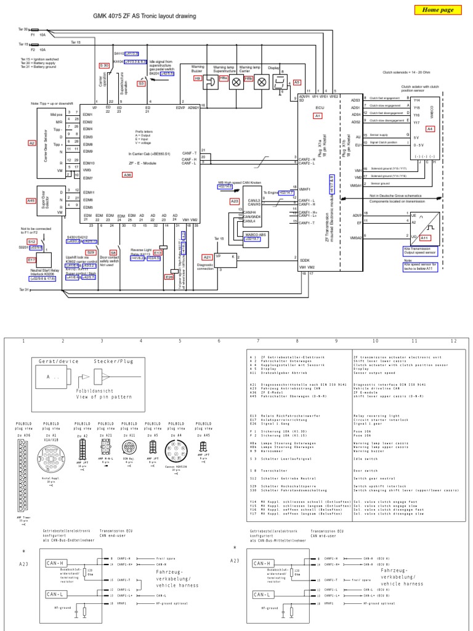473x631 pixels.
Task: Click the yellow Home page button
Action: (x=439, y=10)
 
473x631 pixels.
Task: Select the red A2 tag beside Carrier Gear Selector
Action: (x=32, y=143)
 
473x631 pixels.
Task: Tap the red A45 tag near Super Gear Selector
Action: (x=31, y=200)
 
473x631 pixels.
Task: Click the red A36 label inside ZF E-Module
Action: (x=127, y=175)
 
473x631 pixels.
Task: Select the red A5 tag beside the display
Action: (x=297, y=81)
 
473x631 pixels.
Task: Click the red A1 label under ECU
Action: (x=318, y=115)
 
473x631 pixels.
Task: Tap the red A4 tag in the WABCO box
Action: (x=431, y=128)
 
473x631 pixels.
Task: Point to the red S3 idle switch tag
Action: (x=141, y=82)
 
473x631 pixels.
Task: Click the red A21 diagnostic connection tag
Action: (x=207, y=257)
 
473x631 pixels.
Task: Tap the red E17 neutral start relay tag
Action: (x=32, y=260)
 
